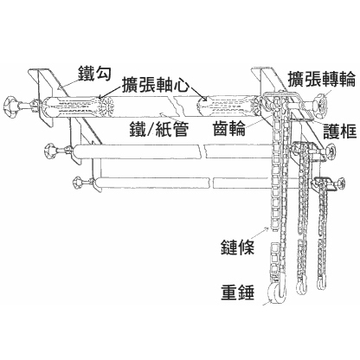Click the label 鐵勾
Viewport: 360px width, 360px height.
coord(94,73)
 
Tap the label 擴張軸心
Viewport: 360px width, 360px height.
coord(156,85)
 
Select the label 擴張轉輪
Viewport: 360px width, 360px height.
coord(321,79)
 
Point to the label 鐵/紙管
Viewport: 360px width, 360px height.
coord(159,128)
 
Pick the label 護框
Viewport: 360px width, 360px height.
coord(340,131)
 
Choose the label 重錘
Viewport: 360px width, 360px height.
coord(237,292)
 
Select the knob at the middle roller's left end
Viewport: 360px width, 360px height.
coord(50,150)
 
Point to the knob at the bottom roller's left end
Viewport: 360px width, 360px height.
coord(78,183)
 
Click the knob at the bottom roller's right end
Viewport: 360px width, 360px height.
coord(341,183)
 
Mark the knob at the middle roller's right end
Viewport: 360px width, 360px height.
coord(331,152)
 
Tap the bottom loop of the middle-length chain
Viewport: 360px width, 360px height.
coord(301,287)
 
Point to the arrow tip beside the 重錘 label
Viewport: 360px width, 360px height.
coord(263,305)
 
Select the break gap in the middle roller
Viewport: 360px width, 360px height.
coord(203,151)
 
